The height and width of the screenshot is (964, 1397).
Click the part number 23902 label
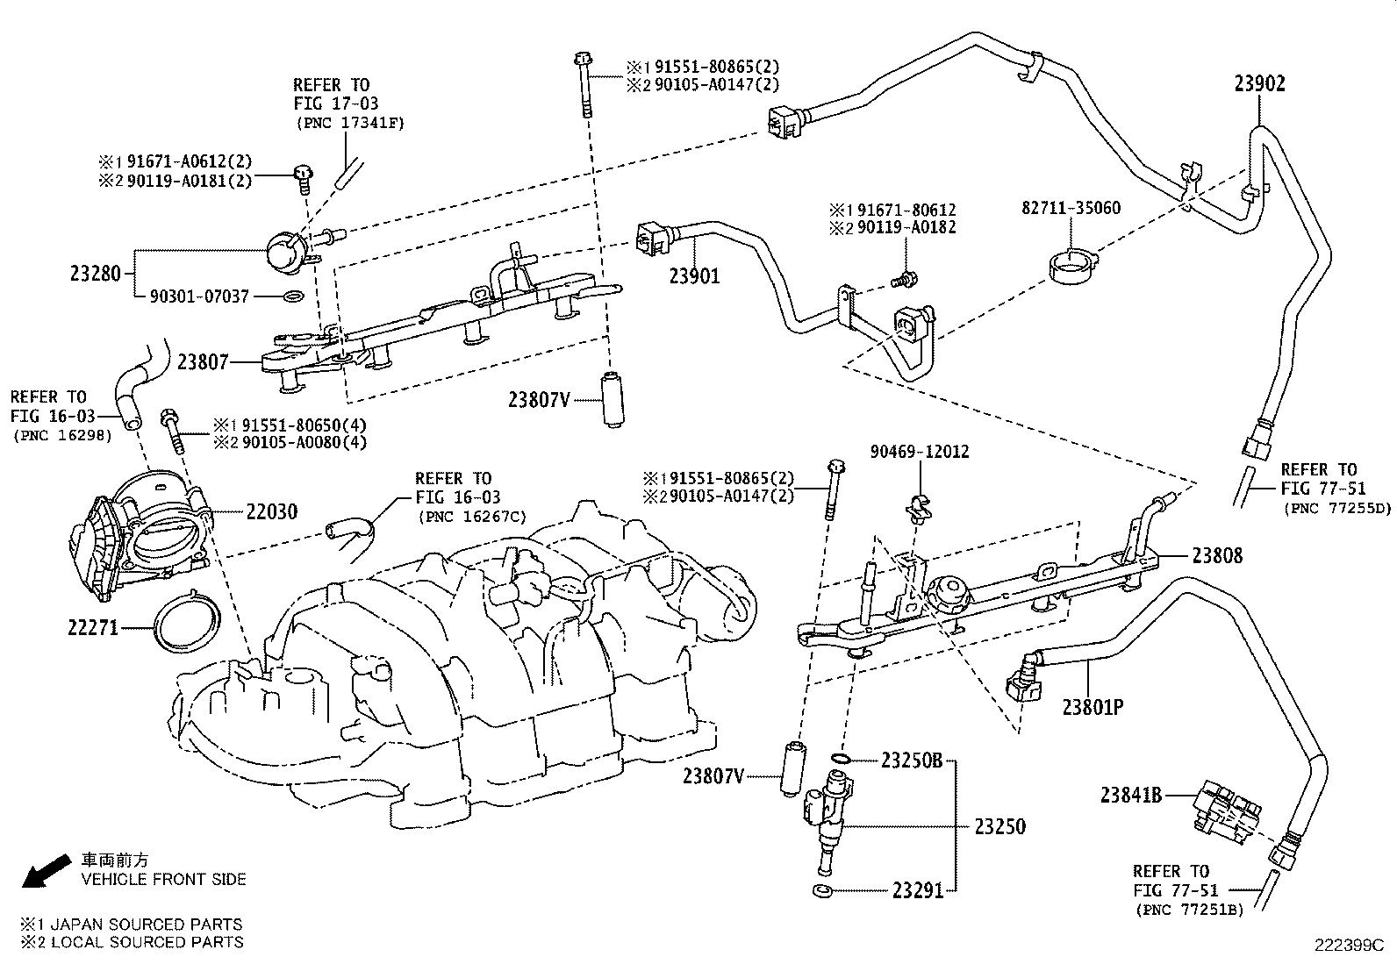(1259, 83)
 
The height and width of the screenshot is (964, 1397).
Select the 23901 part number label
(694, 276)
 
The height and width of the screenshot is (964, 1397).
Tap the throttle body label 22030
(271, 511)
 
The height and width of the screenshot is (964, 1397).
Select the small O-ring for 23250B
(839, 760)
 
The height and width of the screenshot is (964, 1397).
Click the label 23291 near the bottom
(917, 891)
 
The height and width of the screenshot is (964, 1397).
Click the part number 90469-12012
(920, 452)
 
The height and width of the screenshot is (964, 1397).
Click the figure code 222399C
(1348, 946)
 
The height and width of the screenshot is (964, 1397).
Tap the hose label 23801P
(1093, 706)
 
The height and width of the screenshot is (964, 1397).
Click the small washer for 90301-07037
(296, 297)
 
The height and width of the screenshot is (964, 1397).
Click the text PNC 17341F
(348, 123)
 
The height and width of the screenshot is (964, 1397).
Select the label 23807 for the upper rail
(203, 361)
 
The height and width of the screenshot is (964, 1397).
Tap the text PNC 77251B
(1189, 910)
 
